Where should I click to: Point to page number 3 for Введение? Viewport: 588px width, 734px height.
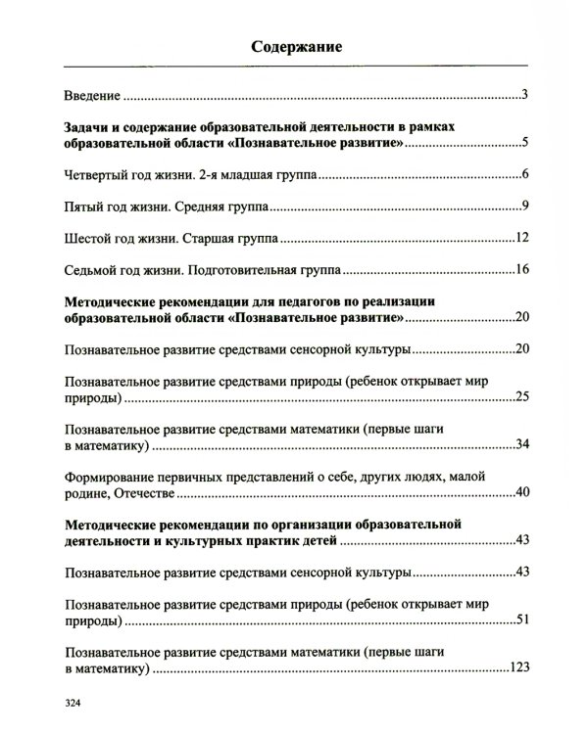click(525, 95)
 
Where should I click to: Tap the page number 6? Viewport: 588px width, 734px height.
click(525, 175)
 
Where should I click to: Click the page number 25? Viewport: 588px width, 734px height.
click(522, 398)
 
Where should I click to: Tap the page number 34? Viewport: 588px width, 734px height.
click(522, 445)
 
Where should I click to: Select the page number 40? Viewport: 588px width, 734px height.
click(522, 491)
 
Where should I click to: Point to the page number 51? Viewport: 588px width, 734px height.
click(522, 619)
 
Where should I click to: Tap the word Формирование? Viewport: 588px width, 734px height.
click(110, 476)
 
